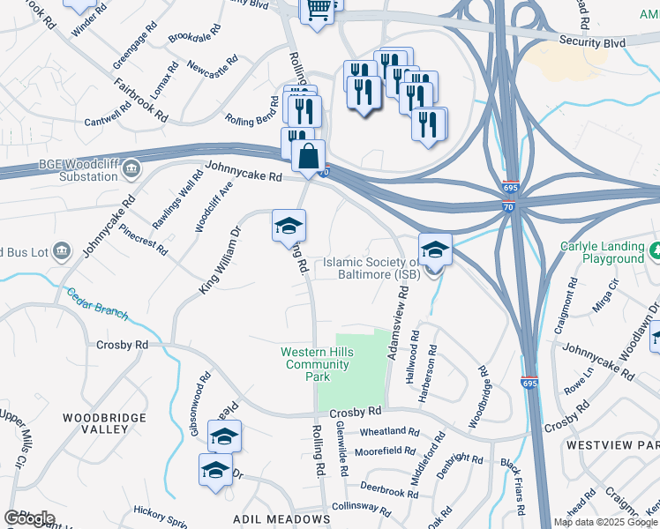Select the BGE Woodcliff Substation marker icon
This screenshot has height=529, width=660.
[131, 168]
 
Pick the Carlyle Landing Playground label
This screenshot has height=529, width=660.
[602, 253]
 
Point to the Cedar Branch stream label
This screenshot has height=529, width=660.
[97, 302]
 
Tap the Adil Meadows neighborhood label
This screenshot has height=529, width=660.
[281, 520]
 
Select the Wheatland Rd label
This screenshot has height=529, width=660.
[389, 431]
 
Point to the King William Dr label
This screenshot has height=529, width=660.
[220, 260]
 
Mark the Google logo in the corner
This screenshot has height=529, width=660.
[29, 519]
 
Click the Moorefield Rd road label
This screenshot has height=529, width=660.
[385, 451]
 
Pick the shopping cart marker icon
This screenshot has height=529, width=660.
[318, 10]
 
